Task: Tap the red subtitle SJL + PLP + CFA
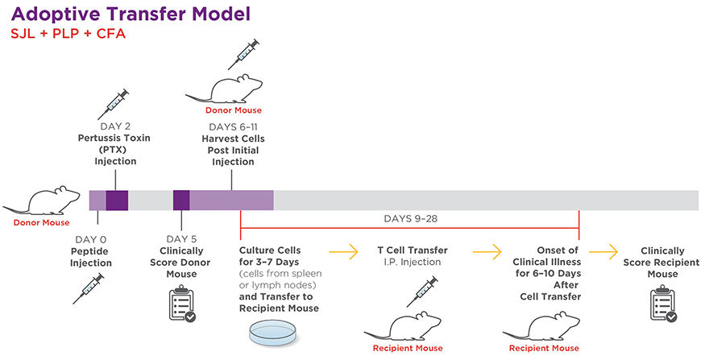click(x=60, y=35)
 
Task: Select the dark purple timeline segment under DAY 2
click(x=117, y=201)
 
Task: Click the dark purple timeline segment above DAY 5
click(x=181, y=201)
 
